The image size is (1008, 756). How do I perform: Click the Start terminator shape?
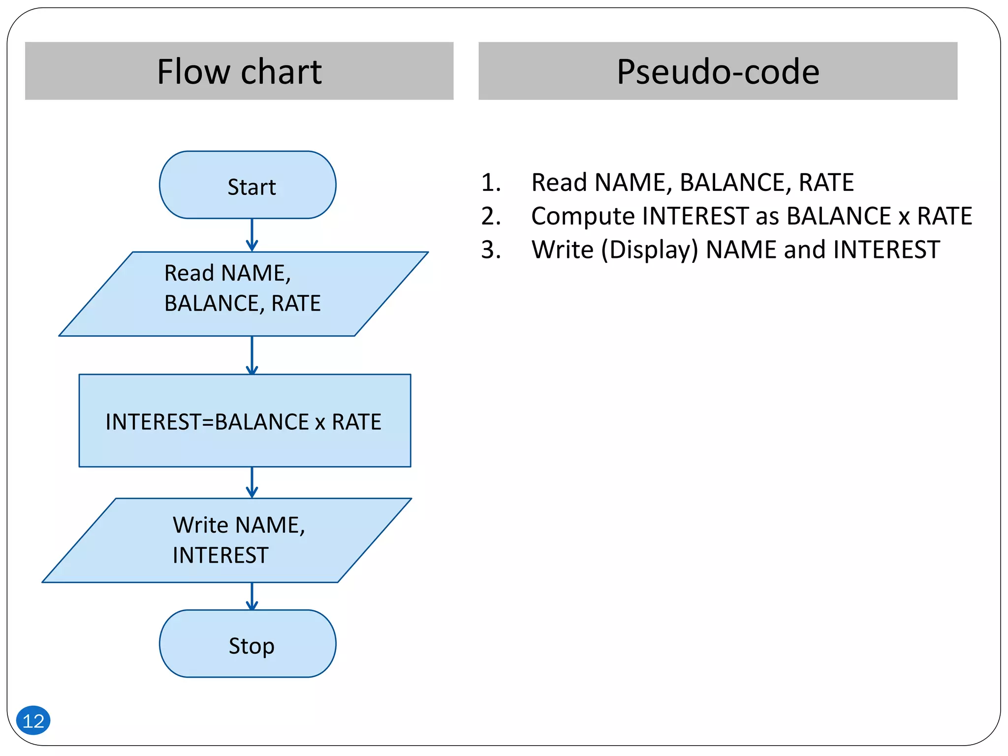click(248, 185)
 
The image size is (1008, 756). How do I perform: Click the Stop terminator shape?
click(248, 644)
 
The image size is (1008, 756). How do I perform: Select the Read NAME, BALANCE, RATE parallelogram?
click(243, 294)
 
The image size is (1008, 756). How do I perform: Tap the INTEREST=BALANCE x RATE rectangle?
click(245, 421)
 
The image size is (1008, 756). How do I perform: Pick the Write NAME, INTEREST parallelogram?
click(226, 540)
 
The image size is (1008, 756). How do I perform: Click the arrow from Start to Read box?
click(252, 235)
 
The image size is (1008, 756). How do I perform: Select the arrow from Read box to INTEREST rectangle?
click(252, 355)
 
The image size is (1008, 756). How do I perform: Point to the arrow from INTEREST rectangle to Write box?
click(252, 482)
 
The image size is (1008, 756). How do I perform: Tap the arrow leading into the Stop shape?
click(252, 596)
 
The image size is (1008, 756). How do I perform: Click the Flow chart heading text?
click(239, 72)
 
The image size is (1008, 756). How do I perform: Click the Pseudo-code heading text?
click(718, 72)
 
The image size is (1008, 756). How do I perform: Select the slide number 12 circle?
click(33, 721)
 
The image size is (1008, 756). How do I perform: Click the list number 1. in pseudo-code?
click(491, 183)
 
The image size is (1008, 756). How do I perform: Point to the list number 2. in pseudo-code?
click(491, 216)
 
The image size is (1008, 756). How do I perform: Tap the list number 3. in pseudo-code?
click(491, 250)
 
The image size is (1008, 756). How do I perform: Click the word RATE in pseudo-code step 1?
click(826, 183)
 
